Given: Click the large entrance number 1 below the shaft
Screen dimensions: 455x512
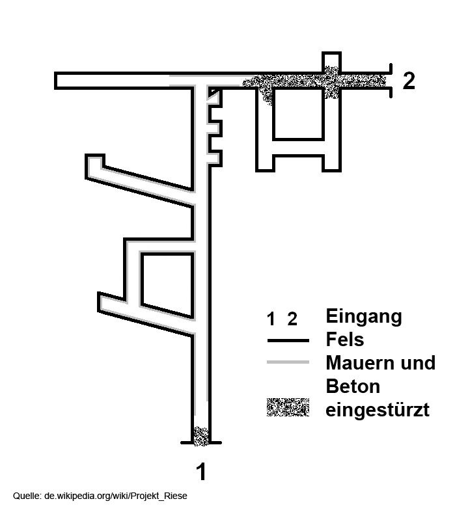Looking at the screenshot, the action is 202,472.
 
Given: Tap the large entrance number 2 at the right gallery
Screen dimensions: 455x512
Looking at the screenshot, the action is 409,80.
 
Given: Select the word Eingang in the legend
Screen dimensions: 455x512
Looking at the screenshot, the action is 364,317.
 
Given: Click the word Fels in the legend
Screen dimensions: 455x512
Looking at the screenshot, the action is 345,339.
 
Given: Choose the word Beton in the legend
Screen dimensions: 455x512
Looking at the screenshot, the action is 353,386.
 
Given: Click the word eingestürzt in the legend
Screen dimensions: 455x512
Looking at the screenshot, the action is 378,409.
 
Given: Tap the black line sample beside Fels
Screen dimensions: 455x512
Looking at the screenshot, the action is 288,340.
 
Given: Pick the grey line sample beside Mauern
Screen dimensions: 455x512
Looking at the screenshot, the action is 288,362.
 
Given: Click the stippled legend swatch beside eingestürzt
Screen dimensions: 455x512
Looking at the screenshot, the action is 288,407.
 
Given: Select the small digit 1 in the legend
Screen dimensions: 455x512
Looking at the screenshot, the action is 271,319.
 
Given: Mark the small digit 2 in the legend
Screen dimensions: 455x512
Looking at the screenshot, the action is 292,319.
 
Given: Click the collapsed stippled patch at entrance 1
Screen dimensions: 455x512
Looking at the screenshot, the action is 200,436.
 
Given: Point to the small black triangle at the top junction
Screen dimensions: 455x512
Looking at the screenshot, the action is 213,92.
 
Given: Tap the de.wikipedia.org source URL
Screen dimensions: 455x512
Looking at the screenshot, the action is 116,496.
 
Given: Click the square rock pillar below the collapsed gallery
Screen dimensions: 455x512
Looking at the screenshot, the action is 298,114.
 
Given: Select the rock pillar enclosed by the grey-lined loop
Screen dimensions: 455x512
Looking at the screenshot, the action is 167,284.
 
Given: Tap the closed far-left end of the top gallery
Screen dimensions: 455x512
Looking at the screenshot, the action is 56,81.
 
